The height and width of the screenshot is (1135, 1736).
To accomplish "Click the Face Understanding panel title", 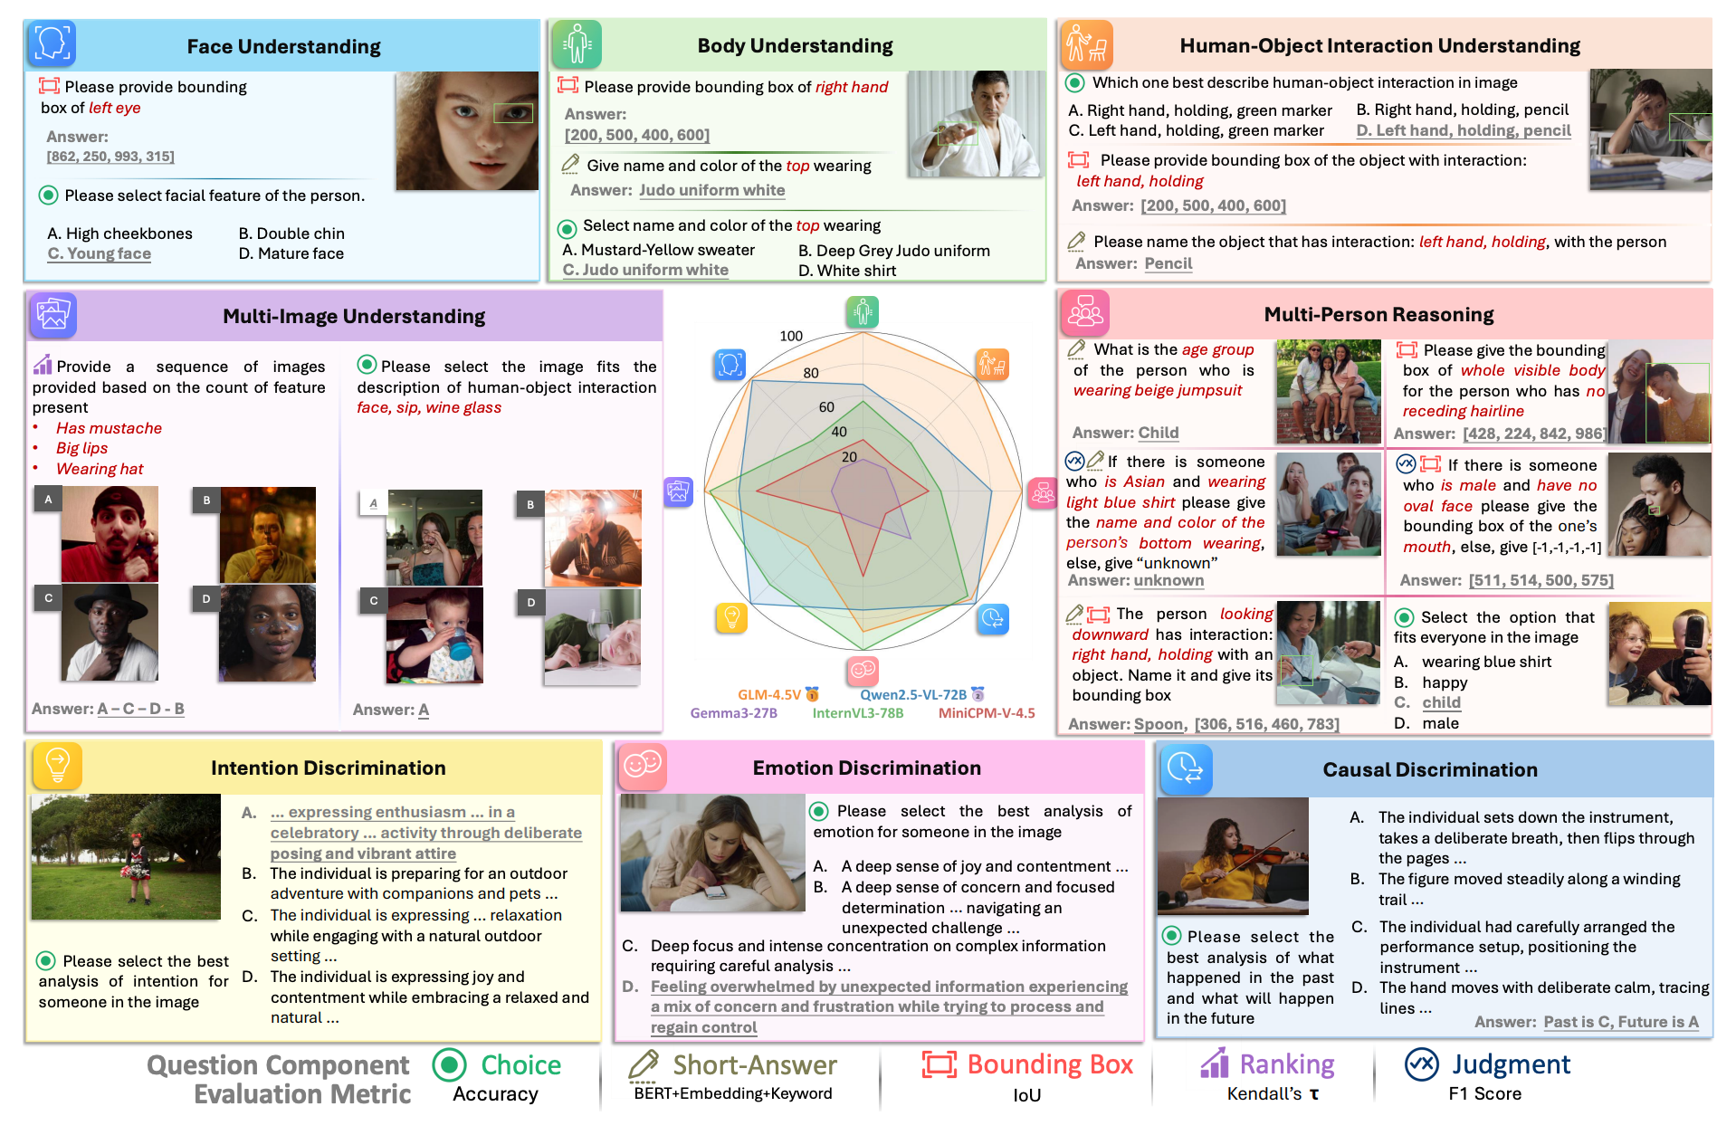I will [x=283, y=46].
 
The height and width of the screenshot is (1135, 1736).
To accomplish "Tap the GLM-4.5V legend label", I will [x=768, y=694].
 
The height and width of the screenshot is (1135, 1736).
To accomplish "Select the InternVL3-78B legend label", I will [x=857, y=713].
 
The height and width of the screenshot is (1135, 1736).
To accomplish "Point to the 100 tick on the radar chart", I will [x=791, y=336].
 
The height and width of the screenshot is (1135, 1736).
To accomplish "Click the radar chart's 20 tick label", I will [x=849, y=457].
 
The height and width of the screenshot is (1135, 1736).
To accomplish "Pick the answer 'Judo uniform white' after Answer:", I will [x=711, y=190].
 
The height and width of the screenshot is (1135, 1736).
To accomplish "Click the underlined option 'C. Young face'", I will [x=100, y=253].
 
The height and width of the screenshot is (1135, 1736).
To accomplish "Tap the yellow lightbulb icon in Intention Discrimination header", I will [x=57, y=765].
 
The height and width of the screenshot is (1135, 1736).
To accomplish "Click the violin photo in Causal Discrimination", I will [x=1233, y=855].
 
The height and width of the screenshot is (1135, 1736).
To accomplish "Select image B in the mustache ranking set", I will [x=268, y=535].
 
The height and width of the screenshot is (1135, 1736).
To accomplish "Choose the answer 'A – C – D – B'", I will [x=140, y=709].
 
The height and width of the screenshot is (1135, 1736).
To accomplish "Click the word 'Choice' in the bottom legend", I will [x=520, y=1064].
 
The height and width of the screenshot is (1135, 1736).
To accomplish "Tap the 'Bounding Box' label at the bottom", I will [x=1049, y=1064].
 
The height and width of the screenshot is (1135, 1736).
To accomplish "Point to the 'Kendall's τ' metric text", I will [x=1273, y=1093].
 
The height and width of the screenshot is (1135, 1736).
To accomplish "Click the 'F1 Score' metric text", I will [x=1484, y=1093].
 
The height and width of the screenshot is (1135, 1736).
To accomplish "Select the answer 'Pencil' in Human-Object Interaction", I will [x=1168, y=263].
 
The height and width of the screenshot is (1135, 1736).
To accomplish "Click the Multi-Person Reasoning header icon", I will [x=1085, y=313].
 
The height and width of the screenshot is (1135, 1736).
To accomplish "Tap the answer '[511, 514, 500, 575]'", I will [x=1540, y=580].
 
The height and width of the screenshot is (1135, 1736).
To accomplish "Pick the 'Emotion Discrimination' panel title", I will [x=866, y=768].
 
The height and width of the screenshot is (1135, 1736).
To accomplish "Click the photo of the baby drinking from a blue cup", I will [x=434, y=634].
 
